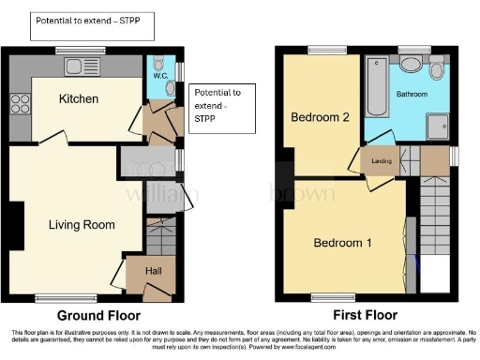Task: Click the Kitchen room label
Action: pos(79,98)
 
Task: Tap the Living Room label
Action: pos(82,225)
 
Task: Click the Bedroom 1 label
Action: pos(342,244)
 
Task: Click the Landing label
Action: pos(381,160)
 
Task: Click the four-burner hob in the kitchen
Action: pos(18,104)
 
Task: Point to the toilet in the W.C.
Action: pos(170,87)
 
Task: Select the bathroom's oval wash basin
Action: pos(410,64)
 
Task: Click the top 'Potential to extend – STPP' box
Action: pos(91,25)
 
